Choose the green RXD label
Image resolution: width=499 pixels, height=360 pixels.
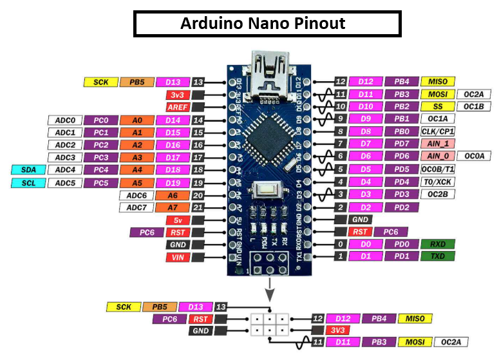coord(437,245)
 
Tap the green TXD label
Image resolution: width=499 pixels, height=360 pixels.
coord(437,257)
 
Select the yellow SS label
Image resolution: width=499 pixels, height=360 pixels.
coord(437,106)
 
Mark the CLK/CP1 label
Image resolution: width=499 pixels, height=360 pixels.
coord(437,131)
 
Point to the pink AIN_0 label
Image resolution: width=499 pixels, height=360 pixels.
coord(437,156)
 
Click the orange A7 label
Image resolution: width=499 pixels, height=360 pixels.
coord(172,207)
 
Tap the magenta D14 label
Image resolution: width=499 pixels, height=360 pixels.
coord(172,120)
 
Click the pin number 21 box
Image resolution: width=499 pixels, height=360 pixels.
coord(198,207)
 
